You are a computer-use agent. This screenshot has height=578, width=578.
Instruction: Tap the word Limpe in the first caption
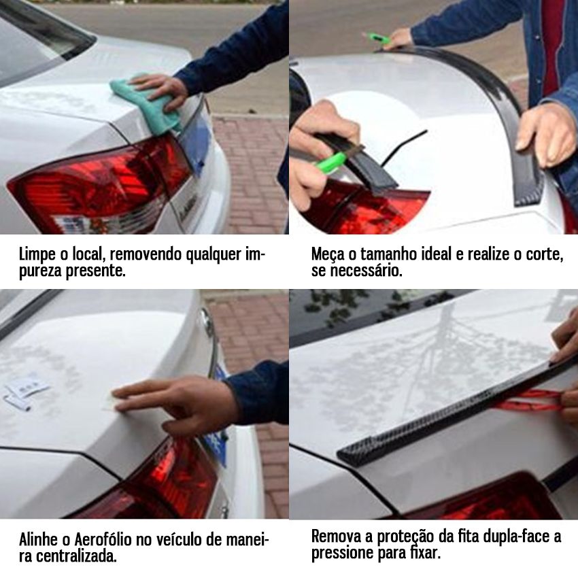(x=36, y=255)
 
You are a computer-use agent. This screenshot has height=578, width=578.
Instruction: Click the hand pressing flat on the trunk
(x=170, y=405)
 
